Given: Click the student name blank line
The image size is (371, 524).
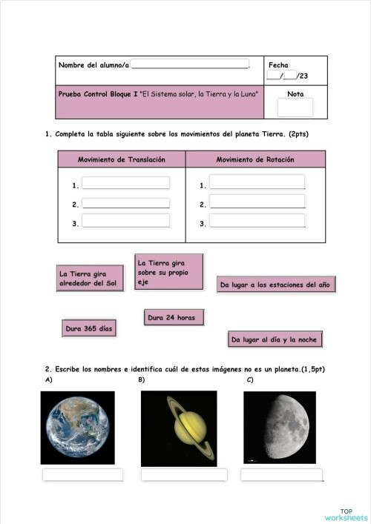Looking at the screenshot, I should point(190,66).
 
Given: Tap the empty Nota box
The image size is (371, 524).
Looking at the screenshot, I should point(295,107).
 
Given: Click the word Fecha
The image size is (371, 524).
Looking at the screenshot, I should point(278,65).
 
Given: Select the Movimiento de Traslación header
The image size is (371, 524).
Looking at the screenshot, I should point(122,159).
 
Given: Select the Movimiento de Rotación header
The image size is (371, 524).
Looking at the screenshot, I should point(255,159).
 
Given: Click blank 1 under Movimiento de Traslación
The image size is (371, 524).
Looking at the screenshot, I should point(125,183).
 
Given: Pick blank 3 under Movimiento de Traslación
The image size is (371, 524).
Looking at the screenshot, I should point(125,220).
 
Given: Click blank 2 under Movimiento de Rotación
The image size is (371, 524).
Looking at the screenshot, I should point(257,202).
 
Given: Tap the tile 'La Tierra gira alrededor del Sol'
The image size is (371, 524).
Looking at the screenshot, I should point(88,279).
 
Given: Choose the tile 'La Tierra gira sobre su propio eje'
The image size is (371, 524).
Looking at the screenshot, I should point(168,271).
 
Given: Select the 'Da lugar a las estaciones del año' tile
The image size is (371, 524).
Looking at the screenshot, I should point(276,285).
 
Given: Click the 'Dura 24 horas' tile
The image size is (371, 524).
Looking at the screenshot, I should point(173,317).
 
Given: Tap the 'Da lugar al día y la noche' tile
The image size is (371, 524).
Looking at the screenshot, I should point(274,339).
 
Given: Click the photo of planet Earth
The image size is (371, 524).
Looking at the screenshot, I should point(78,428).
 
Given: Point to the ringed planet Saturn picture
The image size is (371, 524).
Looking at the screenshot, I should point(179,428).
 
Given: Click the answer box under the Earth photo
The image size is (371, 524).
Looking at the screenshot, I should point(82,474).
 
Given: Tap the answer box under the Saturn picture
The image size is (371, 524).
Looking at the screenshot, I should point(184,474).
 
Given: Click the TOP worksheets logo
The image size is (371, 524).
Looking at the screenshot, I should point(346,514).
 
